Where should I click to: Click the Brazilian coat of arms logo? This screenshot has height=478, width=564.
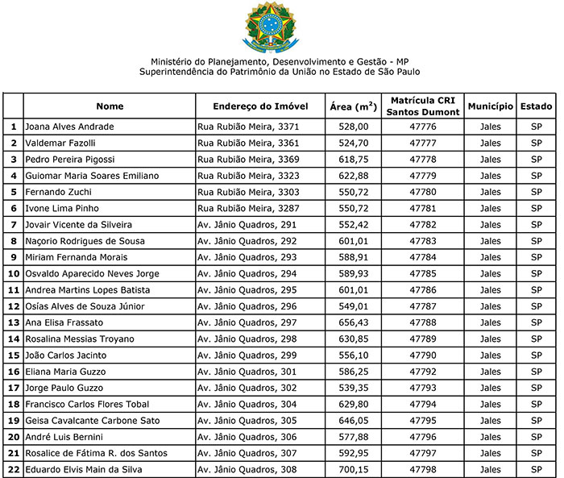pyautogui.click(x=275, y=27)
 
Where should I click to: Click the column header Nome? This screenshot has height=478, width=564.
pyautogui.click(x=110, y=106)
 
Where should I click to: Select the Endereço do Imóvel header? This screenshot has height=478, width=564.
pyautogui.click(x=261, y=106)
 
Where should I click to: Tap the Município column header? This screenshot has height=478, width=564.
pyautogui.click(x=490, y=106)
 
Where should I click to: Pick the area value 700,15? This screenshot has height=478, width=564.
pyautogui.click(x=355, y=469)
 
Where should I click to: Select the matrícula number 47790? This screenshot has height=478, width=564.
pyautogui.click(x=423, y=355)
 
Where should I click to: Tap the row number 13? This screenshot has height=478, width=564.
pyautogui.click(x=13, y=322)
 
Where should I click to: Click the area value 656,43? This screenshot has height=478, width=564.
pyautogui.click(x=355, y=322)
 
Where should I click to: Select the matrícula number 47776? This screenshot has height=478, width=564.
pyautogui.click(x=423, y=127)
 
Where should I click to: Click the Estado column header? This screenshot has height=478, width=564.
pyautogui.click(x=536, y=106)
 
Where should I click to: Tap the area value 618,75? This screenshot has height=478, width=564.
pyautogui.click(x=355, y=159)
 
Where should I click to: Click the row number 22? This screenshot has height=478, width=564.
pyautogui.click(x=13, y=469)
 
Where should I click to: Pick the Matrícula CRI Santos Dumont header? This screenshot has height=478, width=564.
pyautogui.click(x=423, y=106)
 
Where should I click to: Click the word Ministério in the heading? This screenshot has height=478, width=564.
pyautogui.click(x=172, y=61)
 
